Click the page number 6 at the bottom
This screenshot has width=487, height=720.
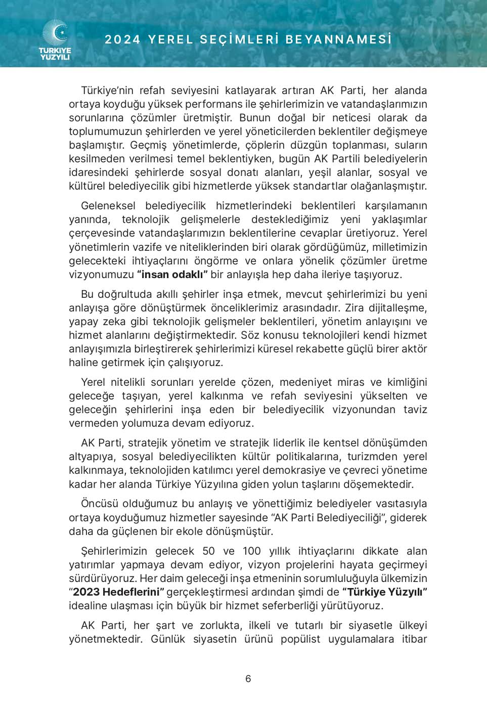click(x=248, y=679)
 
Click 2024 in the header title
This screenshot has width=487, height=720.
click(x=122, y=39)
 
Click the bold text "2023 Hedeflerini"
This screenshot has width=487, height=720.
click(x=118, y=592)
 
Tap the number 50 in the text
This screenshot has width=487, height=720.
click(x=208, y=551)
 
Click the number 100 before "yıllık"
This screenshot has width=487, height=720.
click(x=251, y=551)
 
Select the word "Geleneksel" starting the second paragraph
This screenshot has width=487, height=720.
click(x=108, y=206)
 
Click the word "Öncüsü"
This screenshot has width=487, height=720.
click(x=100, y=504)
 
